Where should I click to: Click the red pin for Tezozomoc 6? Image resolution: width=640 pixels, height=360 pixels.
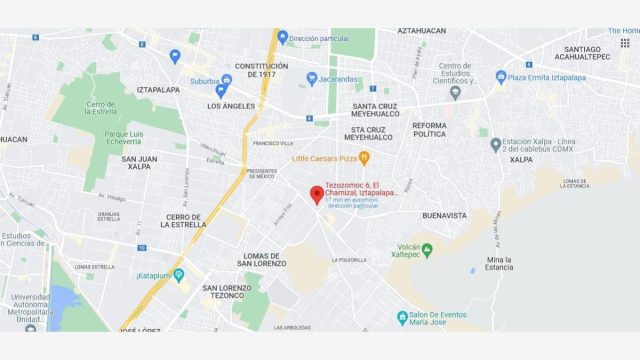[x=317, y=194]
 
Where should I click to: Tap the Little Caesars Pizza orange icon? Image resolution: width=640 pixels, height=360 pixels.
[x=364, y=158]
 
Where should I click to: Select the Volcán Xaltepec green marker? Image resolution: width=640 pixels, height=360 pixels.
[x=427, y=250]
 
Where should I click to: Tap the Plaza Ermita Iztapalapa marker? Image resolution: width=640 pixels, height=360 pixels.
[x=501, y=77]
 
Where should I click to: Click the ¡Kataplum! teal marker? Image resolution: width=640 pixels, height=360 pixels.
[x=179, y=274]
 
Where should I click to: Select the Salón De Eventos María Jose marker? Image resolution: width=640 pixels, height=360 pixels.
[x=402, y=317]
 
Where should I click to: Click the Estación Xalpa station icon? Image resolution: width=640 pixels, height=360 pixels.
[x=495, y=145]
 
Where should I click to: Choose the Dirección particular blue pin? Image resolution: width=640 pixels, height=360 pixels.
[x=283, y=37]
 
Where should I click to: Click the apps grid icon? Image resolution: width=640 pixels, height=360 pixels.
[x=625, y=43]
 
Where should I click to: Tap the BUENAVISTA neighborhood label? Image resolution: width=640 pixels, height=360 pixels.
[x=445, y=215]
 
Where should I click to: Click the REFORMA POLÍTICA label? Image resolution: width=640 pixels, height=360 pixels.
[x=429, y=129]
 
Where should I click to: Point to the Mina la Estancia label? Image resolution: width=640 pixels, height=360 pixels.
[x=497, y=263]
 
